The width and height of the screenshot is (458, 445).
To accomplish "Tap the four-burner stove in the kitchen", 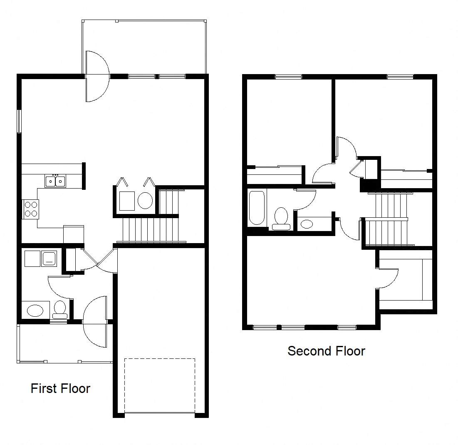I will click(30, 209).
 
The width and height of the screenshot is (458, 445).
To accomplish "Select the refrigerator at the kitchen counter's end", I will click(73, 234).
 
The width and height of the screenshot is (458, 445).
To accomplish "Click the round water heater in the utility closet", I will click(145, 201).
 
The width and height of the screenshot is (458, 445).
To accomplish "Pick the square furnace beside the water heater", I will click(127, 201).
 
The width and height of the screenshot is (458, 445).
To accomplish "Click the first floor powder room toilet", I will click(60, 309).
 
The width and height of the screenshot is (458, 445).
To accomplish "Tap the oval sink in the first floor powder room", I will click(35, 311).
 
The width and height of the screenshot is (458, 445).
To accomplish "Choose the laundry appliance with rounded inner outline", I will click(50, 259).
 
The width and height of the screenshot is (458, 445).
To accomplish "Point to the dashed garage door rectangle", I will click(159, 385).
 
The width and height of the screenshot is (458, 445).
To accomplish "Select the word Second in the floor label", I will click(307, 351).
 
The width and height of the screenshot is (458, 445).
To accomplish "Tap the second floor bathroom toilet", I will click(281, 218).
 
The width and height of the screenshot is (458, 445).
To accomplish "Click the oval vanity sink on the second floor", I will click(307, 224).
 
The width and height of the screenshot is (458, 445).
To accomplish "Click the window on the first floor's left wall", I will click(19, 121).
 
